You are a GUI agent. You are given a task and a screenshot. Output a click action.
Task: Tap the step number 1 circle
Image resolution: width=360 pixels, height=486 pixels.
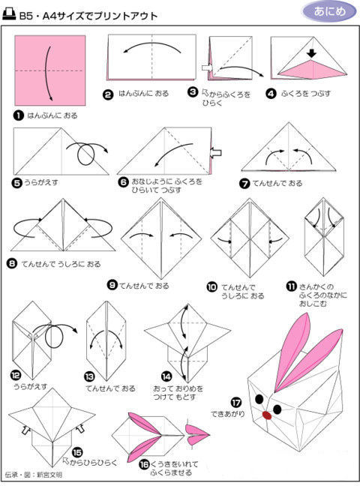click(18, 116)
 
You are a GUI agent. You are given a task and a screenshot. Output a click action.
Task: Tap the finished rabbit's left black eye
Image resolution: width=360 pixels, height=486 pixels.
click(259, 398)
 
